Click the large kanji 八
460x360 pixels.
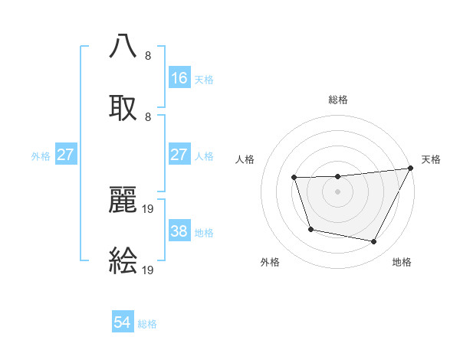coord(123,45)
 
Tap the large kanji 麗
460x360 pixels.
coord(123,198)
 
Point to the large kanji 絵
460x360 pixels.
coord(123,260)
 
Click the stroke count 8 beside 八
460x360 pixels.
coord(148,55)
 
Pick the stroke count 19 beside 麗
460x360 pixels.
coord(149,208)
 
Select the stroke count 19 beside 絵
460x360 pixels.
coord(149,270)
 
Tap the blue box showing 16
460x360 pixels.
coord(179,78)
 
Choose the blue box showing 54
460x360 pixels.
coord(123,323)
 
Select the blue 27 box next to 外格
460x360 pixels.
coord(66,155)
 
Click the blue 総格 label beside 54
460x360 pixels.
coord(147,324)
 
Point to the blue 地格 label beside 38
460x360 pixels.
coord(204,232)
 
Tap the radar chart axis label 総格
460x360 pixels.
coord(338,100)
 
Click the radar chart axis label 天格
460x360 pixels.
coord(431,159)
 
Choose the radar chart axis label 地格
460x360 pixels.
coord(402,262)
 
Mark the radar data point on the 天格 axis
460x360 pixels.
coord(412,169)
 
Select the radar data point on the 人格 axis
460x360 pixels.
coord(294,178)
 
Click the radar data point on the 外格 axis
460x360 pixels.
coord(310,229)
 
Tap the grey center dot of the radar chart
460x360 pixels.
coord(338,191)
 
